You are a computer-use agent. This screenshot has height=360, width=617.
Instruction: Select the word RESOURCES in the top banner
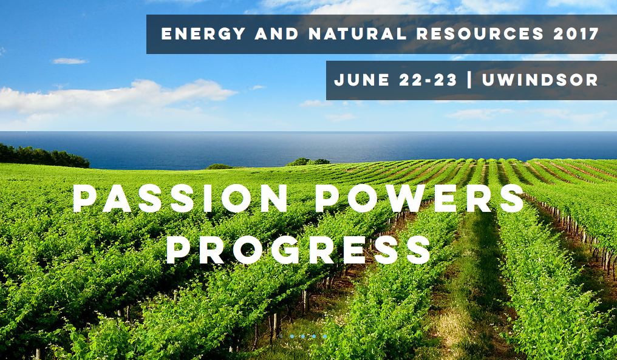480,34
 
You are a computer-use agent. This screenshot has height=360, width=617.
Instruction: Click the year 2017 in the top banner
576,34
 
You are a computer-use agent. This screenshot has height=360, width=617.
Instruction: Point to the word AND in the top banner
277,34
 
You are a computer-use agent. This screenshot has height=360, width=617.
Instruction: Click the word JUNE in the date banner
362,80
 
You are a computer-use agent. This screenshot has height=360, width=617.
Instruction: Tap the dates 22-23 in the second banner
428,80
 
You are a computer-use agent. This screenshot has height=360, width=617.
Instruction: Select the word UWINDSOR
540,80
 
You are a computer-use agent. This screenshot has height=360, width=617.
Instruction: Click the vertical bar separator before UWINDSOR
469,80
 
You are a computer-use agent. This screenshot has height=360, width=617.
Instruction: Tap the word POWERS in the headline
420,199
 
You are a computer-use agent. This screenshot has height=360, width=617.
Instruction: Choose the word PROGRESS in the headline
298,250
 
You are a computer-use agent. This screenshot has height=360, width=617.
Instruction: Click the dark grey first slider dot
281,336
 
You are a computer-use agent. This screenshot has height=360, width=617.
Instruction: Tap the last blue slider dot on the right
325,336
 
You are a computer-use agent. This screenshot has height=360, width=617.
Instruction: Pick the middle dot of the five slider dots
302,336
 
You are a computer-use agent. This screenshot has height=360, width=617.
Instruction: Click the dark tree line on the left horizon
43,156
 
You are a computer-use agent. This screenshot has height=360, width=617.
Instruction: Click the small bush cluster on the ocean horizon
308,161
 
